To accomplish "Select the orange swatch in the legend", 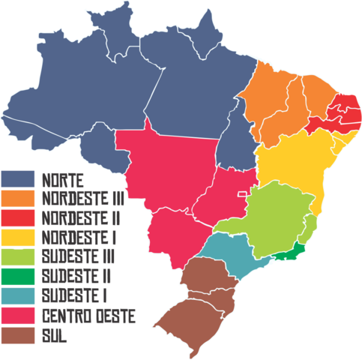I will pos(19,198).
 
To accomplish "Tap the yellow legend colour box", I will pos(19,238).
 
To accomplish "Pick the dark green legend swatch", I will pos(19,277).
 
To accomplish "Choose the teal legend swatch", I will pos(19,296).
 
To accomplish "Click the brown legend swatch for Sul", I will pos(19,335).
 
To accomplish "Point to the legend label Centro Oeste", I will pos(88,316).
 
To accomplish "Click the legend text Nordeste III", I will pos(82,199).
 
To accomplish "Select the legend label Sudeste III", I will pos(79,257).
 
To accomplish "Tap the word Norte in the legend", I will pos(63,179).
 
